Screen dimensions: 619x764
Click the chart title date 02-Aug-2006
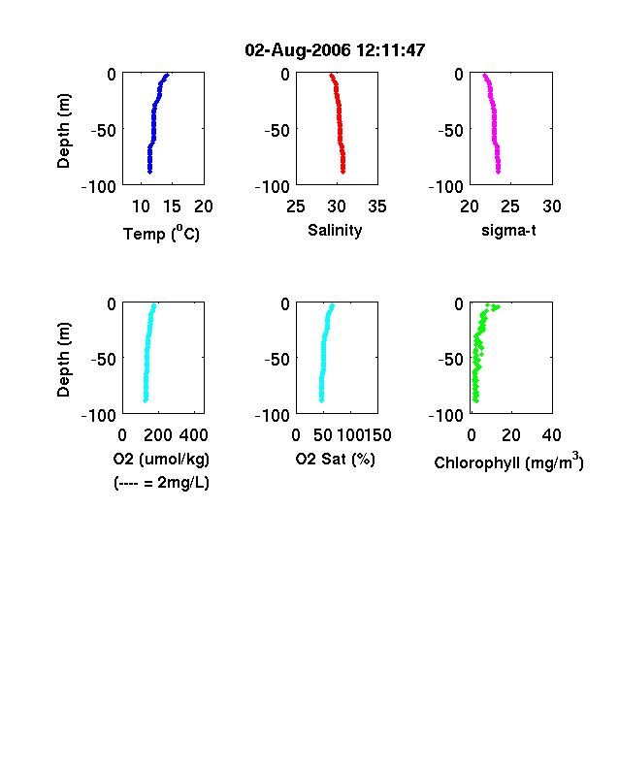click(x=297, y=49)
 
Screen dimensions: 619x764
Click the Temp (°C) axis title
click(x=161, y=234)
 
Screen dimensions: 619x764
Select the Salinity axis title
click(x=335, y=231)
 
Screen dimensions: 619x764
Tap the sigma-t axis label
click(x=508, y=230)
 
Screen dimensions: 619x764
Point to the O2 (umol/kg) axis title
click(x=161, y=459)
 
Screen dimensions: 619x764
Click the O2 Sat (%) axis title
click(x=335, y=459)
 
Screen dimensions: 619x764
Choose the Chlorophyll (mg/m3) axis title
click(x=508, y=461)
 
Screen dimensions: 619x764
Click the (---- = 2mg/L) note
click(x=161, y=483)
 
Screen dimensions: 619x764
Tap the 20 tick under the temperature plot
click(x=204, y=207)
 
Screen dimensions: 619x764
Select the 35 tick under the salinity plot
click(x=377, y=207)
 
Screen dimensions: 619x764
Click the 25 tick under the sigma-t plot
click(x=509, y=207)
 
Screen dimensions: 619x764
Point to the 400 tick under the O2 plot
click(x=193, y=435)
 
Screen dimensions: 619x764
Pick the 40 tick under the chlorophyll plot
click(x=551, y=435)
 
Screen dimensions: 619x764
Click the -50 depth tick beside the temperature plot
click(x=104, y=131)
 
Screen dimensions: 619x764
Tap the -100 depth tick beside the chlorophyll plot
click(x=445, y=416)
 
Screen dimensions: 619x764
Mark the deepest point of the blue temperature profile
click(x=150, y=172)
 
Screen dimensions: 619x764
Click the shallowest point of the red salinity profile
click(x=332, y=75)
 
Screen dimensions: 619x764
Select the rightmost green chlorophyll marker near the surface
click(x=498, y=307)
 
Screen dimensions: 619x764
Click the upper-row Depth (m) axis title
click(x=63, y=131)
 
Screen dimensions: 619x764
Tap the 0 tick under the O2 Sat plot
click(x=296, y=435)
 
